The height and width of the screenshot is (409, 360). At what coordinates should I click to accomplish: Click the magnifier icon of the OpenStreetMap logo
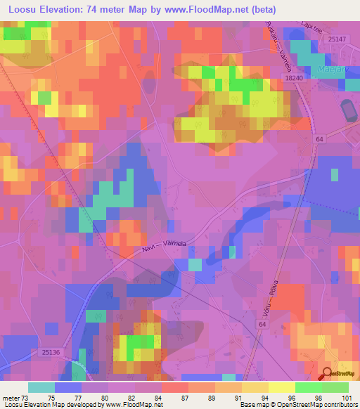pyautogui.click(x=327, y=374)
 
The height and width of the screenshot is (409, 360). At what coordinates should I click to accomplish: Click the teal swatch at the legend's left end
pyautogui.click(x=41, y=387)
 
